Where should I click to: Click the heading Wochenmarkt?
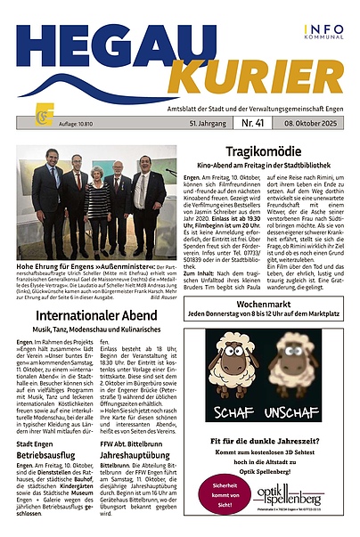(263, 303)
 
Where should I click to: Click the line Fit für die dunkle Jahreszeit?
(263, 441)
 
